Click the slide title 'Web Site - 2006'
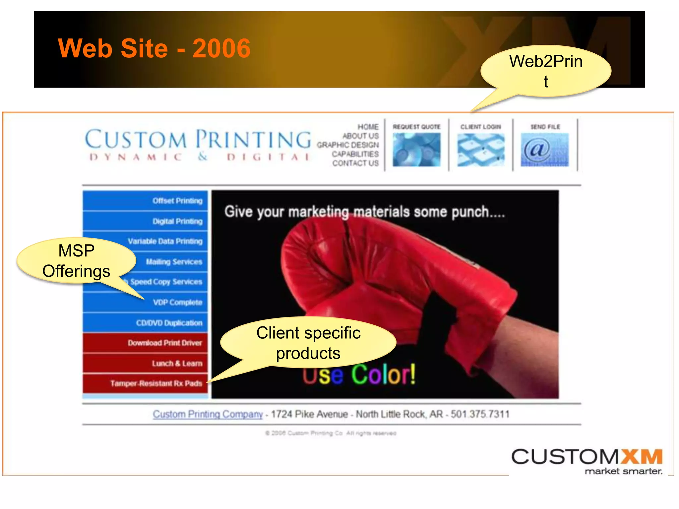pyautogui.click(x=154, y=48)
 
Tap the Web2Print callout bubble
pyautogui.click(x=546, y=71)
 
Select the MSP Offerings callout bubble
pyautogui.click(x=76, y=261)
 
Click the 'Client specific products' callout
pyautogui.click(x=308, y=343)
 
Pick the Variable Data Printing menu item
pyautogui.click(x=165, y=241)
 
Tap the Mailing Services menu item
pyautogui.click(x=174, y=262)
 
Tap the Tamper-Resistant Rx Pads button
pyautogui.click(x=156, y=383)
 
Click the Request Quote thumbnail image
pyautogui.click(x=416, y=149)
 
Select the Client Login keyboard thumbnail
pyautogui.click(x=481, y=149)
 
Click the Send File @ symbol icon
pyautogui.click(x=545, y=149)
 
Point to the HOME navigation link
pyautogui.click(x=368, y=127)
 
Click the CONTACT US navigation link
pyautogui.click(x=355, y=163)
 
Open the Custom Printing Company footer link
pyautogui.click(x=208, y=414)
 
